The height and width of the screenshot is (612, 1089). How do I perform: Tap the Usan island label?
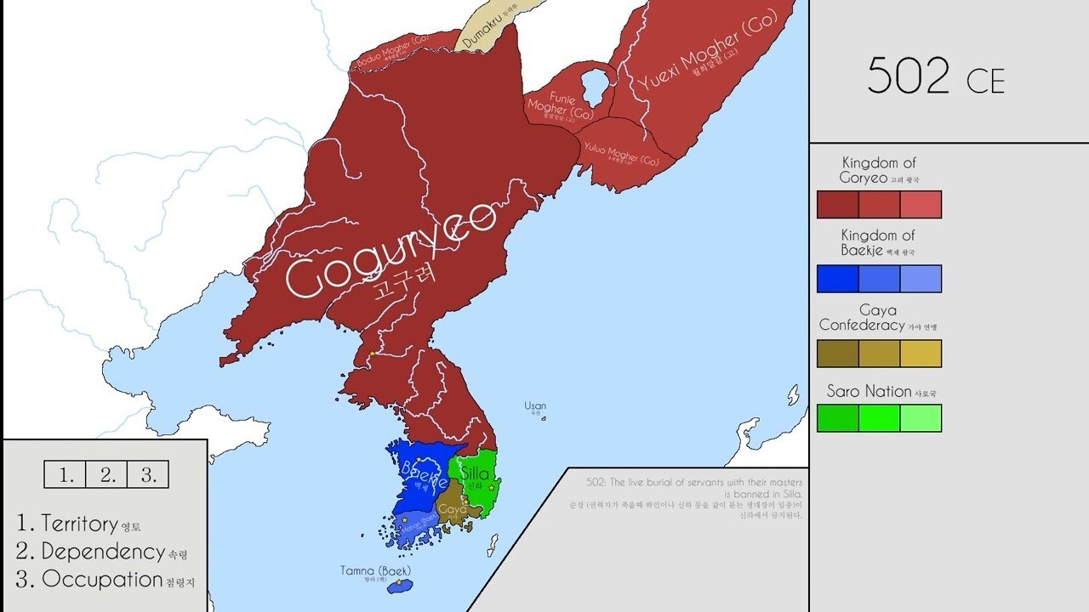(535, 406)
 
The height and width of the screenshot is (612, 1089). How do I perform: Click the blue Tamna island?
(398, 586)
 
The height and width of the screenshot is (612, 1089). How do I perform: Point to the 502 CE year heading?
(936, 77)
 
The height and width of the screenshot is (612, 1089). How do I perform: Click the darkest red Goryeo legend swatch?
(837, 205)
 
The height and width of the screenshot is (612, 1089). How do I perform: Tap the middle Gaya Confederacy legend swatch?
(879, 354)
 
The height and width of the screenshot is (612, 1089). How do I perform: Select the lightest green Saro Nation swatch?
(921, 418)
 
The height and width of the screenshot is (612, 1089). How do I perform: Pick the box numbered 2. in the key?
(107, 475)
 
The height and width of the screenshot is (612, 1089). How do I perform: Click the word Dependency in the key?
(103, 552)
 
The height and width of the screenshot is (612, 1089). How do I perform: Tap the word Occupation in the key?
(102, 580)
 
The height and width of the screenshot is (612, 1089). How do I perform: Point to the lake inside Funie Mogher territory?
(594, 86)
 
